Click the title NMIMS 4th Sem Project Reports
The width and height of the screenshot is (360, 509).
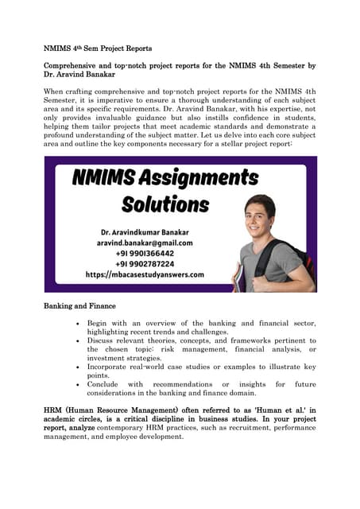pyautogui.click(x=97, y=49)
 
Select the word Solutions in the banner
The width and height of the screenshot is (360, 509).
pyautogui.click(x=165, y=204)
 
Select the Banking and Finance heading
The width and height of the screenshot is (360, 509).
pyautogui.click(x=79, y=306)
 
